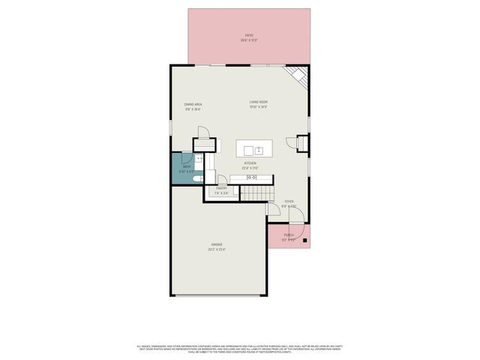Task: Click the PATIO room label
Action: click(x=249, y=35)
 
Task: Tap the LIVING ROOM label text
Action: click(x=259, y=102)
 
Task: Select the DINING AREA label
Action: click(x=193, y=104)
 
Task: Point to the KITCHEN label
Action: click(x=250, y=163)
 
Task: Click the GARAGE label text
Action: click(x=217, y=244)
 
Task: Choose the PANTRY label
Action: click(x=221, y=188)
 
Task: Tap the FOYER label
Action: click(x=289, y=201)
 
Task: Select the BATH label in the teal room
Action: click(x=187, y=166)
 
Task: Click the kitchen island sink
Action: click(x=257, y=149)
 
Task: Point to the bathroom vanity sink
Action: click(x=199, y=160)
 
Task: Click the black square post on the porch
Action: click(x=304, y=241)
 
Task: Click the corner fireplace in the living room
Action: click(x=299, y=76)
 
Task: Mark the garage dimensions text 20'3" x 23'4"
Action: click(x=217, y=250)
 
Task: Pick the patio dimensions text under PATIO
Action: click(x=249, y=40)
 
